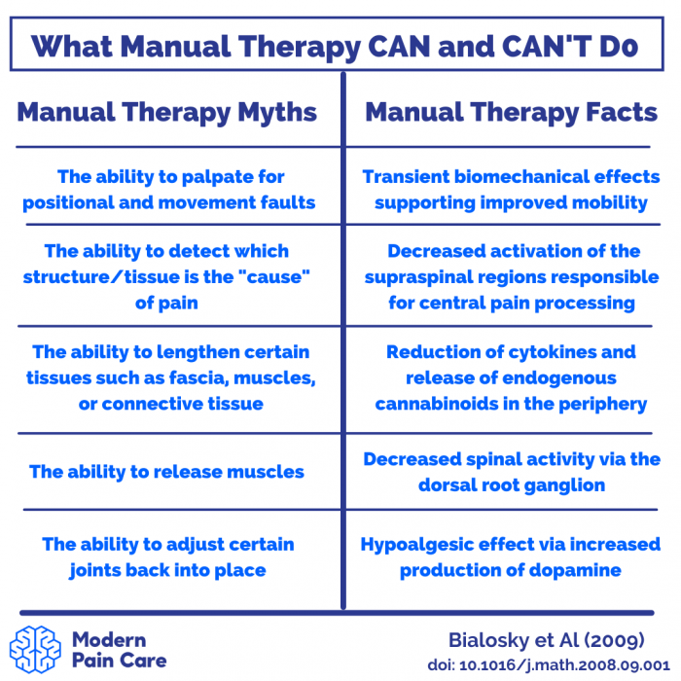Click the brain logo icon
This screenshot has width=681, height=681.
[x=35, y=649]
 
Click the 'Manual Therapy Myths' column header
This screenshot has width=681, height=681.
[x=167, y=113]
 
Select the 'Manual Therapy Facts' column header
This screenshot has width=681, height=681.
[x=511, y=113]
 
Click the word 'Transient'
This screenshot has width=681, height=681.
[x=406, y=177]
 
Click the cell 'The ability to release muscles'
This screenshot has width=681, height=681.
[x=166, y=472]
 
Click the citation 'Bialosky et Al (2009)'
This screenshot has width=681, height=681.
[x=547, y=640]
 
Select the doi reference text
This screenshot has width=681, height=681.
[x=549, y=665]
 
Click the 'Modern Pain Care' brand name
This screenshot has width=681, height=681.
[x=120, y=650]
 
